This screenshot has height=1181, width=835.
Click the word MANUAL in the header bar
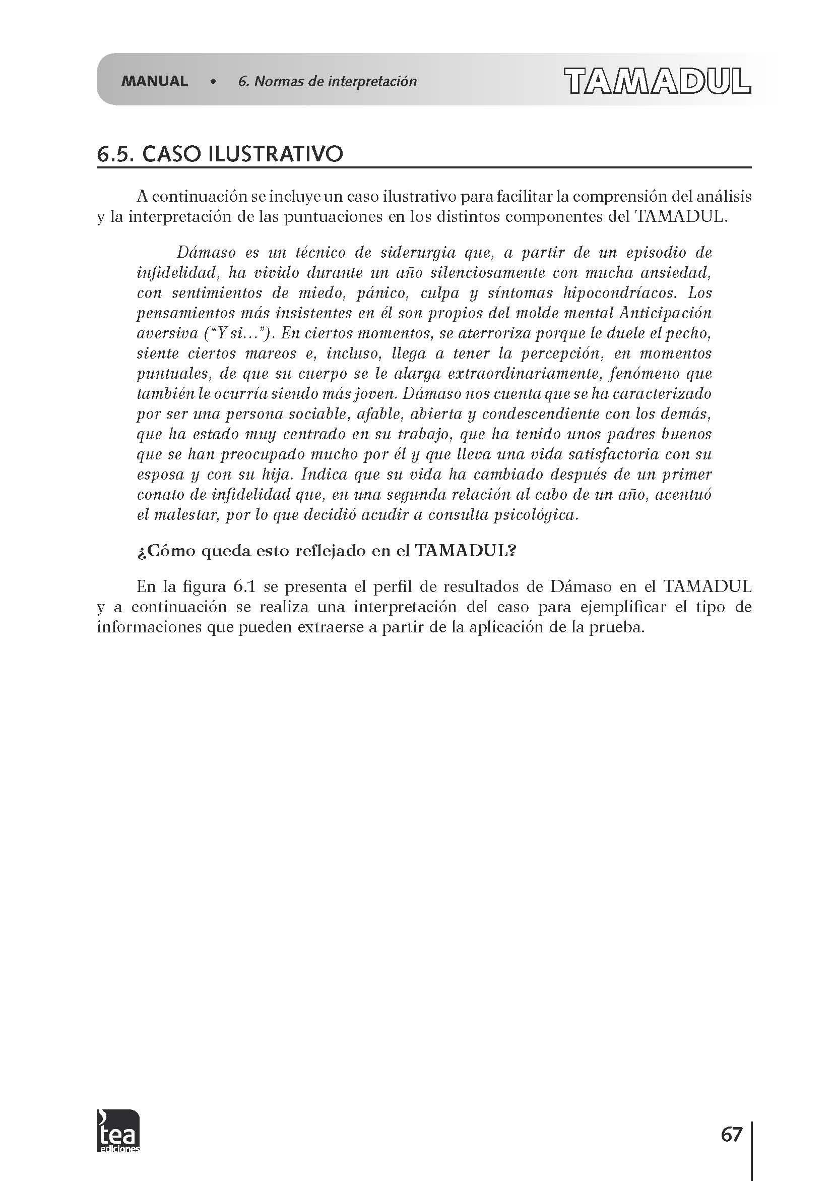click(154, 81)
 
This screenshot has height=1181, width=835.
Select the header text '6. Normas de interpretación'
click(327, 81)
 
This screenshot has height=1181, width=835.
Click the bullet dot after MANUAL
click(213, 81)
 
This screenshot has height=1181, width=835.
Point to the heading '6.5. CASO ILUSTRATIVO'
click(220, 154)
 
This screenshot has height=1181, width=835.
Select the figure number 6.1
click(245, 587)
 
